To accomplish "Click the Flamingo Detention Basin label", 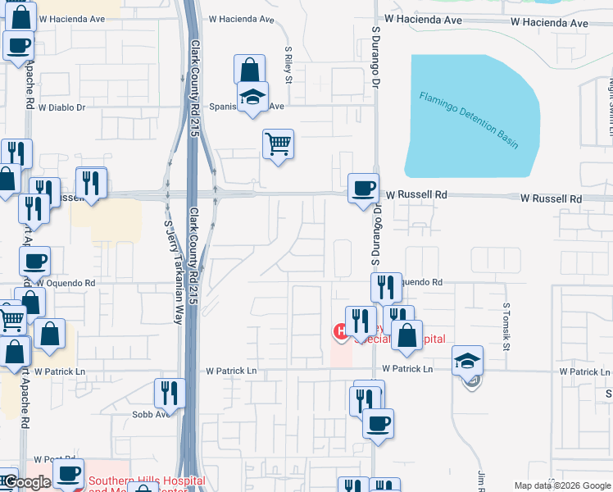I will coord(470,120).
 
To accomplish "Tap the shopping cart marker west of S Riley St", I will coord(278,144).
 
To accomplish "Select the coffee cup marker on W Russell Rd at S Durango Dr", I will coord(362,189).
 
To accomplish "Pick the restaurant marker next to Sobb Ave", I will coord(170,393).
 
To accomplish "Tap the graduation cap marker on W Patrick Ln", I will coord(467,361).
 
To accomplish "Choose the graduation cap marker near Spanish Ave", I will coord(253,97).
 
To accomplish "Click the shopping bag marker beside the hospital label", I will coord(406,335).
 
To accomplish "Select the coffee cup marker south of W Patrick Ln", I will coord(378,423).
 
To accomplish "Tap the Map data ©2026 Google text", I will coord(561,485).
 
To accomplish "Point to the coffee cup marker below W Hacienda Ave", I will coord(18,46).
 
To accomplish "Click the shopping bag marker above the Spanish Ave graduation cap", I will coord(249,70).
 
